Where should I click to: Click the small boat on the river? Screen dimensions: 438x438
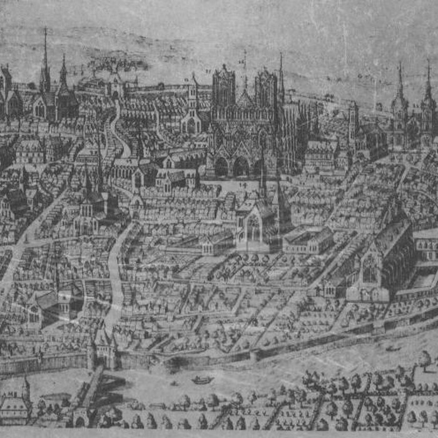(202, 379)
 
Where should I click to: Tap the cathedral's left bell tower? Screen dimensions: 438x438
(223, 88)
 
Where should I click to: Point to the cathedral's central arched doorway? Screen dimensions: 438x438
(240, 166)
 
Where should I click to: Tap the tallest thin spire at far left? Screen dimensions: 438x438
(45, 59)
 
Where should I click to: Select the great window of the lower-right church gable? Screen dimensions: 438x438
(369, 269)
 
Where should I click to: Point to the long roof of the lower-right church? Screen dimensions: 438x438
(391, 238)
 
